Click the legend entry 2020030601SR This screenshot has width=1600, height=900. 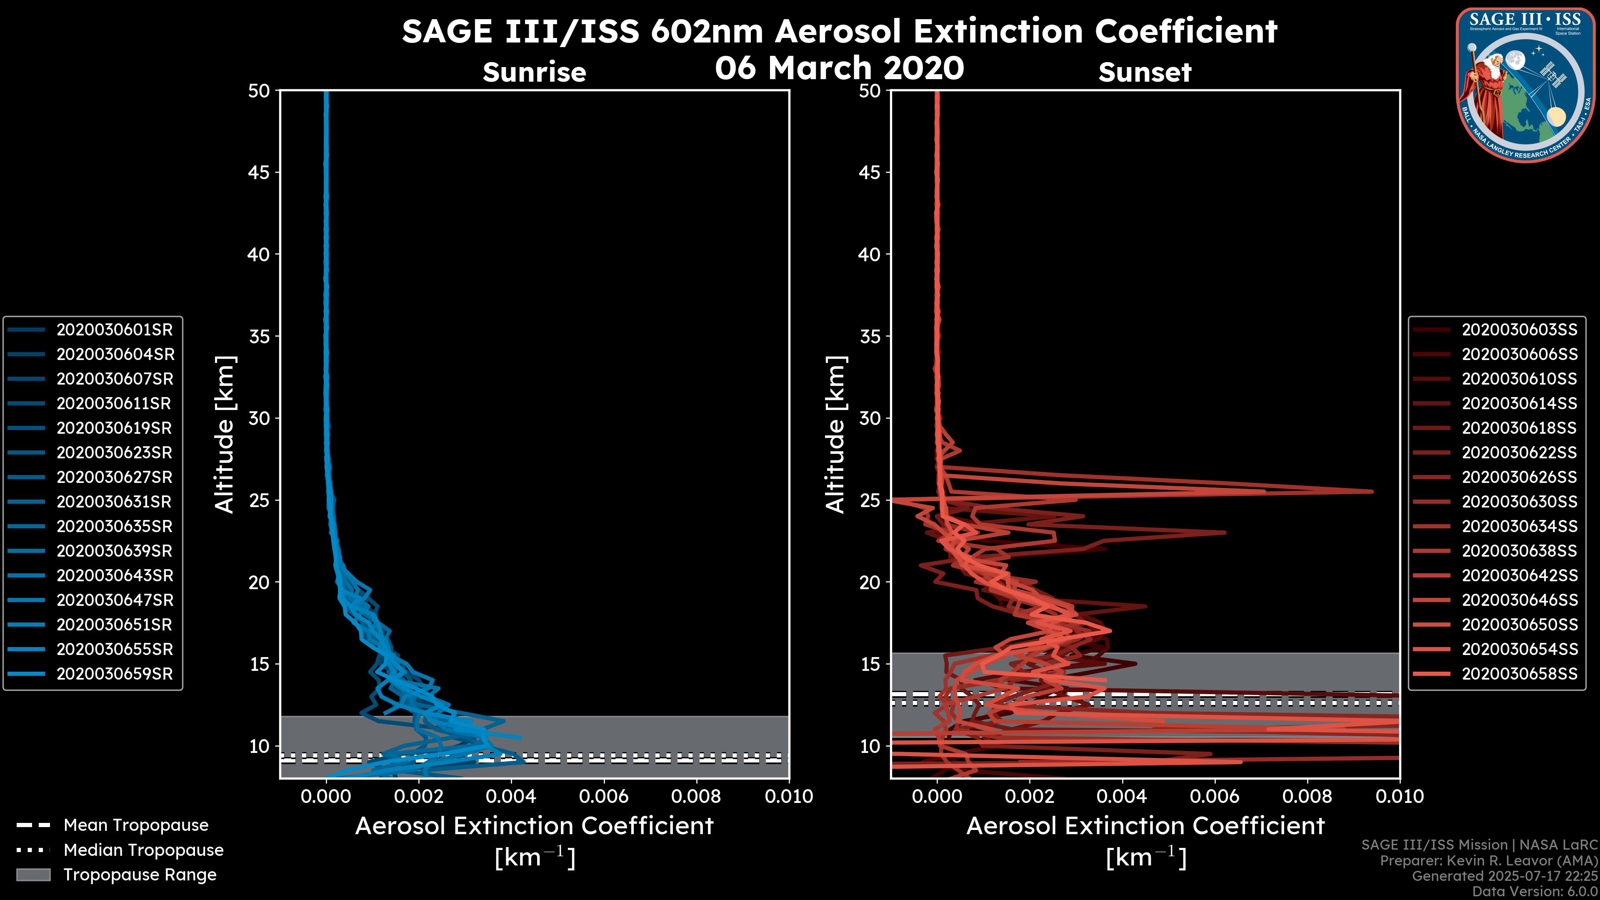click(x=114, y=329)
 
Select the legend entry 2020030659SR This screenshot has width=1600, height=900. click(x=114, y=674)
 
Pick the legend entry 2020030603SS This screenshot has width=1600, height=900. click(x=1519, y=329)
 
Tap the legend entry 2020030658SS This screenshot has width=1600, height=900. click(x=1519, y=674)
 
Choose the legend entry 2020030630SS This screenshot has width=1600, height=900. click(x=1519, y=502)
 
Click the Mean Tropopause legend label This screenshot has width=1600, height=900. click(x=136, y=825)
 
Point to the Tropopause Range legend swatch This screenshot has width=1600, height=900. click(x=33, y=875)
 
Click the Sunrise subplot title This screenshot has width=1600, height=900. click(x=534, y=72)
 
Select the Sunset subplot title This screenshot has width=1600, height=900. click(x=1145, y=72)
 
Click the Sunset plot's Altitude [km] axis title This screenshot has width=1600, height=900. click(x=835, y=435)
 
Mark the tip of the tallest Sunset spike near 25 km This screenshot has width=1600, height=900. click(x=1372, y=491)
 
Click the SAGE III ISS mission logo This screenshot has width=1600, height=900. click(x=1525, y=85)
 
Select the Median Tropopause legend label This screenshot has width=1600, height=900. click(x=143, y=850)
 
